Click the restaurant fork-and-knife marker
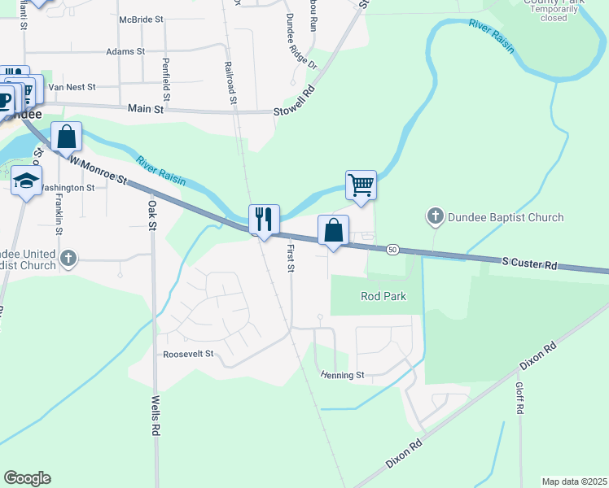[264, 220]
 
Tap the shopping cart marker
[361, 185]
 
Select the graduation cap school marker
[26, 181]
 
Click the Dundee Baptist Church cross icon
[436, 216]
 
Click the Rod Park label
[383, 296]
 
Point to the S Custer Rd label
[529, 264]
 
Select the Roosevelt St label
[188, 354]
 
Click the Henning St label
[342, 375]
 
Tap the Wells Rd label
[155, 416]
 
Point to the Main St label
[146, 108]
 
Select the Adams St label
[125, 50]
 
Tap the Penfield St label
[165, 78]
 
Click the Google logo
[27, 478]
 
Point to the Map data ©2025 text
[574, 481]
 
